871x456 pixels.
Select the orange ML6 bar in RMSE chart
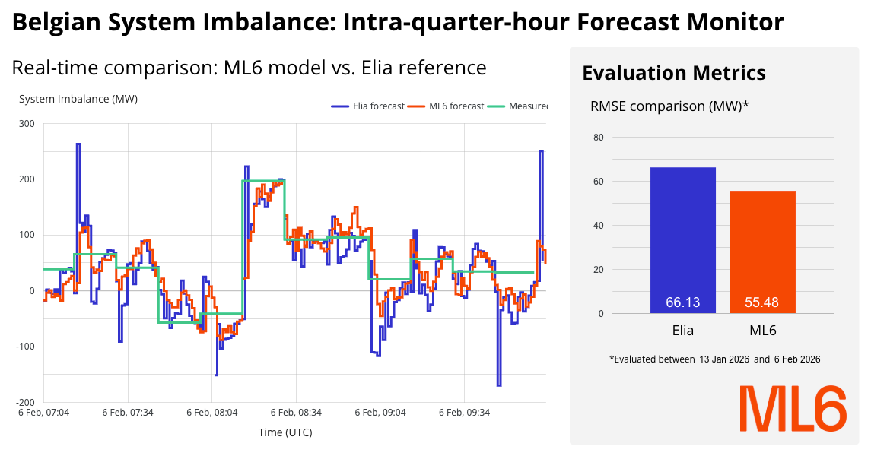[762, 251]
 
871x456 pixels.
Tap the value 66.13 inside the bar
[682, 302]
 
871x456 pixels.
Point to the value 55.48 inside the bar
[762, 302]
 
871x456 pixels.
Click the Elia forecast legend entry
[368, 106]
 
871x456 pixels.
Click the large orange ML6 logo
[793, 409]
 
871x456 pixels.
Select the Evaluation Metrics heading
[673, 73]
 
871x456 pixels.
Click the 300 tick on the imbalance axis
[27, 124]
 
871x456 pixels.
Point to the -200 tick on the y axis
[26, 402]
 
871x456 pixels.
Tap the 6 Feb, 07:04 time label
[43, 413]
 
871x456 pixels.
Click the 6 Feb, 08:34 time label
[297, 413]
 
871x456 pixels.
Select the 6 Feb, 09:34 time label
[465, 413]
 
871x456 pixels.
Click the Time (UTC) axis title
[285, 432]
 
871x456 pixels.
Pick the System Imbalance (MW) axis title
[78, 100]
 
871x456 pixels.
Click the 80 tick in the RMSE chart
[597, 138]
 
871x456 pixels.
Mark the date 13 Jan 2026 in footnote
[724, 359]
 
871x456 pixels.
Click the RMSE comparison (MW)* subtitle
[669, 106]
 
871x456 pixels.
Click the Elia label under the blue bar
[682, 331]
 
